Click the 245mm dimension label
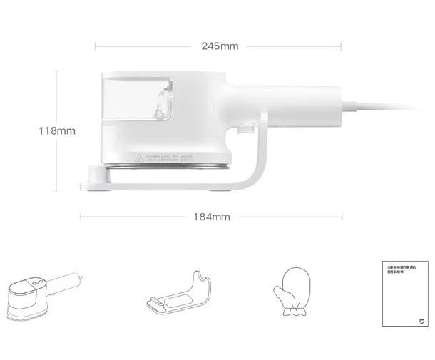[220, 46]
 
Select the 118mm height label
[57, 131]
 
